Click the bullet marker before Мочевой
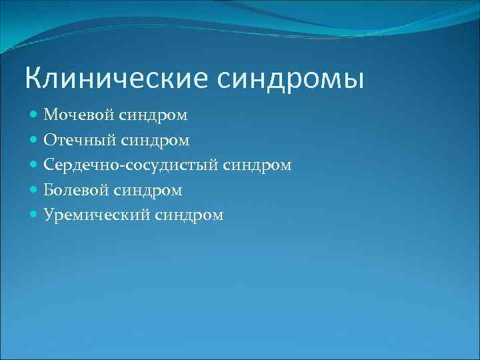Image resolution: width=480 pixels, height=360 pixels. (x=34, y=115)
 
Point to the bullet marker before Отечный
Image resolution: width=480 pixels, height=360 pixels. (x=34, y=140)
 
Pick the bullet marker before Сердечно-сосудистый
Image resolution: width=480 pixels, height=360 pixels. (x=34, y=165)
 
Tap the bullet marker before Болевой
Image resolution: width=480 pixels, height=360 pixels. (x=34, y=190)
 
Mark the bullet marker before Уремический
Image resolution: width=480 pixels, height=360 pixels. (x=34, y=215)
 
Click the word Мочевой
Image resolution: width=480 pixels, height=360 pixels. (x=79, y=115)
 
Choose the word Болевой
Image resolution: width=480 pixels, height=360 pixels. (x=77, y=190)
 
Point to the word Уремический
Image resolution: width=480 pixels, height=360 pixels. (x=97, y=215)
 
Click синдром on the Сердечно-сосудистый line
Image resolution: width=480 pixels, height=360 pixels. (x=259, y=165)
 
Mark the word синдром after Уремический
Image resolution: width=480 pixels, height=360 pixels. (x=191, y=215)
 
